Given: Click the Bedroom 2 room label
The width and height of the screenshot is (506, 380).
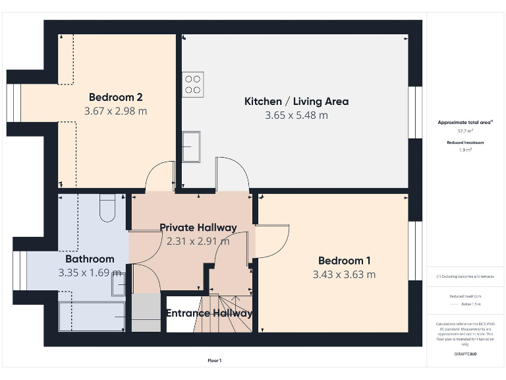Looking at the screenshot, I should (x=115, y=94).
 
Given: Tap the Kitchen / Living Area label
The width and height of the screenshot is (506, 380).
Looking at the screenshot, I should (x=296, y=101).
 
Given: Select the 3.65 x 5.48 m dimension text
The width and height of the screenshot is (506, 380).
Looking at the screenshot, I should (x=296, y=115).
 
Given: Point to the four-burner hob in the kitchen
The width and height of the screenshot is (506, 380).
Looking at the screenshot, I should (x=192, y=84).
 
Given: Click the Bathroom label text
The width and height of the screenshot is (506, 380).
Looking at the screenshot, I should (x=90, y=259).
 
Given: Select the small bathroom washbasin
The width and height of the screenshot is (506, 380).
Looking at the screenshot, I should (x=119, y=286).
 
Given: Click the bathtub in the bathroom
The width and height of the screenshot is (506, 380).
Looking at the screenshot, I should (x=92, y=317).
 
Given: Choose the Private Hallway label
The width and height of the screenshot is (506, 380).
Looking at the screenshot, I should (x=198, y=228).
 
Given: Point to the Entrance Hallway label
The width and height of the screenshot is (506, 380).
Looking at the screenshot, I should (x=209, y=313).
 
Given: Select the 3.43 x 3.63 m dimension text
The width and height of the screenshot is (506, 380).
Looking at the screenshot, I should (x=344, y=274).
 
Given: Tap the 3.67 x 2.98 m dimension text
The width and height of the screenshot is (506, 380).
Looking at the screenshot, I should (x=115, y=111).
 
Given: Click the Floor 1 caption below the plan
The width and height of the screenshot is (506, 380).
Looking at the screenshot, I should (x=215, y=360).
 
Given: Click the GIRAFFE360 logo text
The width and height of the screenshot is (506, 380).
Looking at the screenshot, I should (x=465, y=354).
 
